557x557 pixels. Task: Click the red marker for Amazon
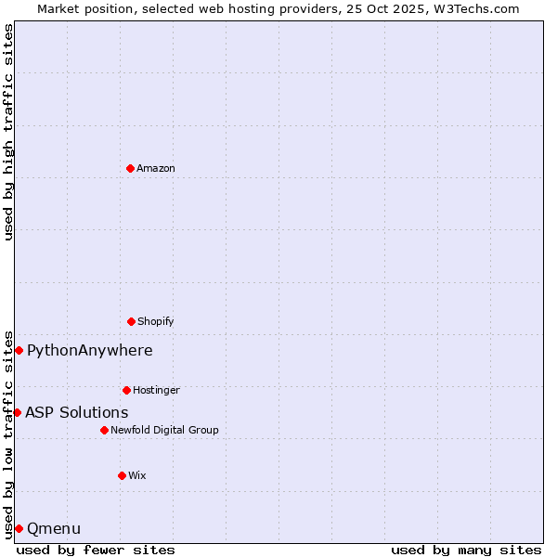[x=130, y=168]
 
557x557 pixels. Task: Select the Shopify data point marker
[x=131, y=321]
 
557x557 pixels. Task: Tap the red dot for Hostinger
[x=126, y=390]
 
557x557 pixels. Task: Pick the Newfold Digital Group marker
[x=104, y=430]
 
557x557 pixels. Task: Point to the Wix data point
[x=122, y=475]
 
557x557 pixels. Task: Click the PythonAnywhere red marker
[x=19, y=350]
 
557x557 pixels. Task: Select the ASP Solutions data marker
[x=17, y=412]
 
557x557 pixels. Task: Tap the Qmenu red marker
[x=19, y=528]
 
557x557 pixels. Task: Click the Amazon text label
[x=156, y=168]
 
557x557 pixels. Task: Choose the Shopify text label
[x=156, y=321]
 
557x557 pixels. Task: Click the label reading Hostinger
[x=156, y=390]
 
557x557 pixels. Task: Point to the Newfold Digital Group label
[x=164, y=430]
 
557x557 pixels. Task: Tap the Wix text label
[x=137, y=475]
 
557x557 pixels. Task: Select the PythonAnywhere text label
[x=90, y=350]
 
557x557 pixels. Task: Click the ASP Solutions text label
[x=77, y=412]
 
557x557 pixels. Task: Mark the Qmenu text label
[x=54, y=528]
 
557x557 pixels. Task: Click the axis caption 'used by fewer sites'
[x=96, y=550]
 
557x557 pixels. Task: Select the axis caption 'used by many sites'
[x=466, y=550]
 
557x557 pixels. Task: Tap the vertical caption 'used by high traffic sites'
[x=8, y=132]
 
